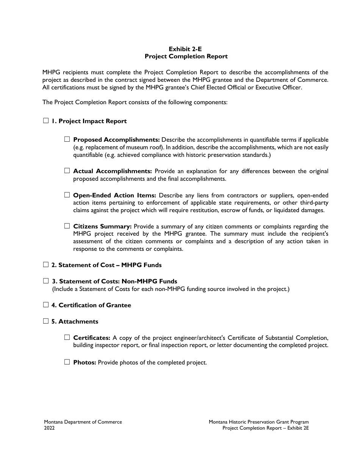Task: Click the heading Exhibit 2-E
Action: (186, 49)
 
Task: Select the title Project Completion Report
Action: (186, 56)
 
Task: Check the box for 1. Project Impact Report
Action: (46, 121)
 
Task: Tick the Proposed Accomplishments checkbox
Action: (67, 139)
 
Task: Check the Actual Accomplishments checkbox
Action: (67, 171)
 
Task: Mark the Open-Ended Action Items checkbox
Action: (67, 195)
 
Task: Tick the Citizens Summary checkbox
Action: (67, 226)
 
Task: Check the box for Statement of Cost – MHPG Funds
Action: (46, 264)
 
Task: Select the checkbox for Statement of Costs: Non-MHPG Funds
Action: (46, 281)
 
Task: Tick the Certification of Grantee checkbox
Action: (46, 305)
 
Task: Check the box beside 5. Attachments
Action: (46, 321)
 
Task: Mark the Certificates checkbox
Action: (67, 337)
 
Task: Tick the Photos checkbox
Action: (67, 362)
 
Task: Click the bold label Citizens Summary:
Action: (102, 227)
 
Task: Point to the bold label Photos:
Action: (85, 363)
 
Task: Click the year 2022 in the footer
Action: (49, 428)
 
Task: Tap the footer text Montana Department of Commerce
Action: (83, 422)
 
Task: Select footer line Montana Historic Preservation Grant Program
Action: (258, 422)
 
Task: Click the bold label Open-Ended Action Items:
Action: (114, 195)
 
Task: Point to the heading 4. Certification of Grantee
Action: (91, 305)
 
